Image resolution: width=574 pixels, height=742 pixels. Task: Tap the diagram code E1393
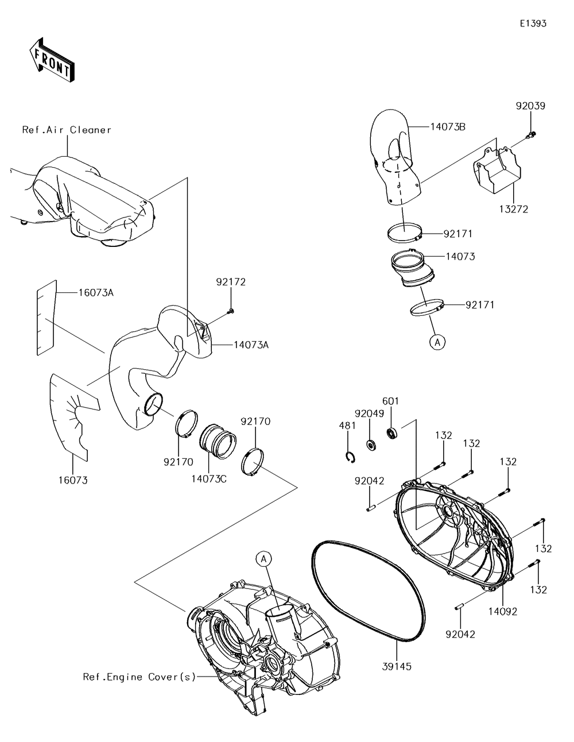pos(533,24)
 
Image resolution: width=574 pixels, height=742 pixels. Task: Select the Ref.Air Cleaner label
pos(67,130)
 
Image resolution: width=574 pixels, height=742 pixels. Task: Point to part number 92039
pos(530,106)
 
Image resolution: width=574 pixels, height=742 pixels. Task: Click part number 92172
pos(231,282)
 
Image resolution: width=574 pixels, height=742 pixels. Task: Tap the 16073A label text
pos(96,293)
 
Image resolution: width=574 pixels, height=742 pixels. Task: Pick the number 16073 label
pos(73,480)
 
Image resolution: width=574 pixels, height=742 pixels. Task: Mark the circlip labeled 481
pos(350,456)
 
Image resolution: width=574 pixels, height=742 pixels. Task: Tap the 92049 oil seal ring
pos(371,445)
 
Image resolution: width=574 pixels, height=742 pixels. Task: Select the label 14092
pos(503,612)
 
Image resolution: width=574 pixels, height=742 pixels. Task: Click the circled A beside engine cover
pos(262,558)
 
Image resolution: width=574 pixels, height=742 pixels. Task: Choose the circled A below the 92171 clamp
pos(437,342)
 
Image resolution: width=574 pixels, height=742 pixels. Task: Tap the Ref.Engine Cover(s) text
pos(139,677)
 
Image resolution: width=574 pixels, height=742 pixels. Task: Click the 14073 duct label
pos(460,257)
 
